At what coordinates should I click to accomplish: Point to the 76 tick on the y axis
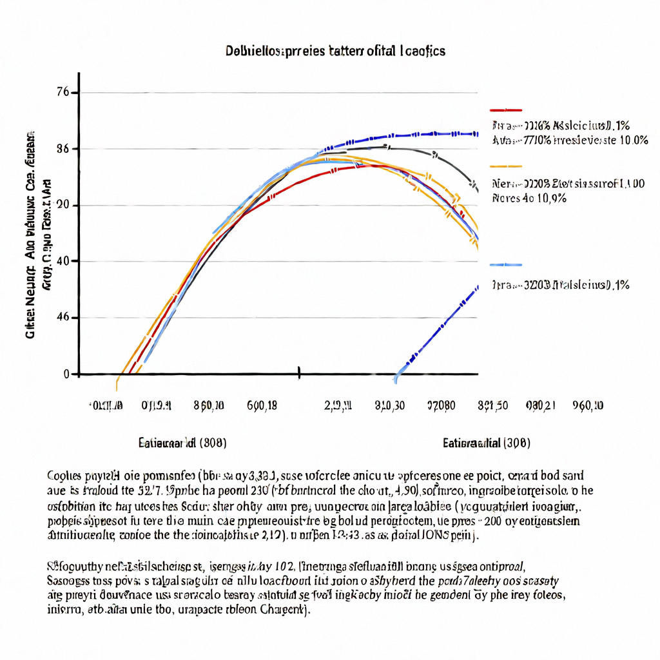[63, 92]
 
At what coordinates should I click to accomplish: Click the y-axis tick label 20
[63, 205]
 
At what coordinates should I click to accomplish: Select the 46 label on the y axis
[63, 318]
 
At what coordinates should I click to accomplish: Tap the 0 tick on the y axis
[66, 374]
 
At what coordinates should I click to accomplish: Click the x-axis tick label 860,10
[209, 405]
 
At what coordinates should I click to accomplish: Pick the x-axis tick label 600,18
[262, 405]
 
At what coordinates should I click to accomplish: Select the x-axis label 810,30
[390, 405]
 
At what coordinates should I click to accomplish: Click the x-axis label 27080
[442, 405]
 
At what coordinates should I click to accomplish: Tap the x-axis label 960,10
[588, 405]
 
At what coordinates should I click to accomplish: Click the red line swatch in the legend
[505, 110]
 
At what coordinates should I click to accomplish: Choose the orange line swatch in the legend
[505, 166]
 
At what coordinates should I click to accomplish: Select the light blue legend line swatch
[505, 265]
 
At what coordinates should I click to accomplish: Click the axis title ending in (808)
[182, 443]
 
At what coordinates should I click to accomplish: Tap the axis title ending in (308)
[487, 443]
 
